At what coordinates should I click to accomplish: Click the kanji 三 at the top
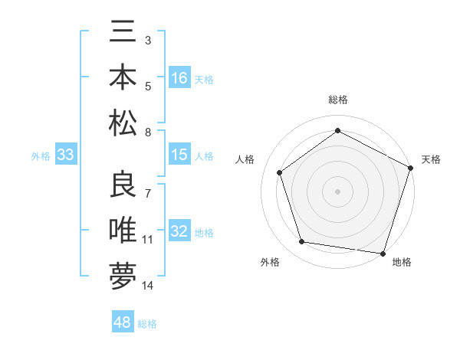(123, 35)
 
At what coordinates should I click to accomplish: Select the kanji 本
(123, 79)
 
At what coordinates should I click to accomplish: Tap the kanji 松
(123, 123)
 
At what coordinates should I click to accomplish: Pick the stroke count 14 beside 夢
(148, 286)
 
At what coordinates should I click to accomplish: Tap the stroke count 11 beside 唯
(148, 240)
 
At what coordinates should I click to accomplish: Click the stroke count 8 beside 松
(148, 133)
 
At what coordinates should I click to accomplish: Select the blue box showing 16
(179, 78)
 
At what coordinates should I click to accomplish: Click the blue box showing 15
(179, 155)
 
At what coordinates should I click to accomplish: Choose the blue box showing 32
(179, 231)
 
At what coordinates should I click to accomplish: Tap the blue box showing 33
(65, 155)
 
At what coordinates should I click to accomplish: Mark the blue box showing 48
(123, 322)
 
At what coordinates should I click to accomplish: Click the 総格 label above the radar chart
(338, 100)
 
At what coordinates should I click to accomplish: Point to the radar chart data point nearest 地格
(383, 254)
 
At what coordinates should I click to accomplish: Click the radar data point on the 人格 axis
(280, 172)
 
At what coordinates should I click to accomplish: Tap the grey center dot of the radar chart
(338, 191)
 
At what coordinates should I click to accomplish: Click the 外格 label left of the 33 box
(41, 156)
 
